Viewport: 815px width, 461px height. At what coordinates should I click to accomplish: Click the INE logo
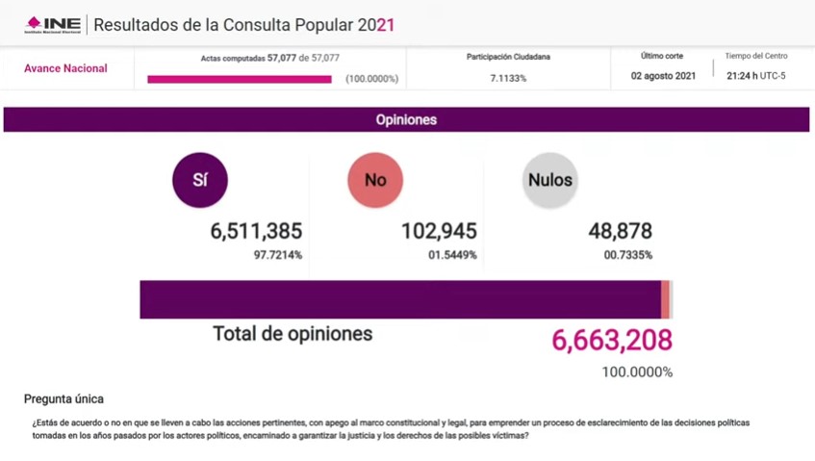(53, 24)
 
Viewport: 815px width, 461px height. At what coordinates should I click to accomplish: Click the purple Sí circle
(199, 180)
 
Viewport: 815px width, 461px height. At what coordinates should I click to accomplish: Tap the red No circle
(375, 180)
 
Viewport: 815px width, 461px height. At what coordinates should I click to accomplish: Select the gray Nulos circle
(549, 180)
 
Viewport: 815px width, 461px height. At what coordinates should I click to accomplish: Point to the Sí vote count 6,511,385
(256, 231)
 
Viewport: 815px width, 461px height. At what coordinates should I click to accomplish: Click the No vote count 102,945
(439, 231)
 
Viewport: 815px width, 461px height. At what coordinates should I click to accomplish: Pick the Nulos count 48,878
(620, 231)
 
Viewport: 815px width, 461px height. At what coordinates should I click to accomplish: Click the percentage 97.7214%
(277, 255)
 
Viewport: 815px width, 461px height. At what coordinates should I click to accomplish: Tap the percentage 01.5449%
(451, 255)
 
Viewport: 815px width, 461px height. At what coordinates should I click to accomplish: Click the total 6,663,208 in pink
(611, 340)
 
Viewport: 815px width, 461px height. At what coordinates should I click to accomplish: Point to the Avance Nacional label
(65, 69)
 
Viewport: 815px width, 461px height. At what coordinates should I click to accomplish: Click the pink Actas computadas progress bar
(240, 79)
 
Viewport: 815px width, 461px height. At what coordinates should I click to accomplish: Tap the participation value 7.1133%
(508, 78)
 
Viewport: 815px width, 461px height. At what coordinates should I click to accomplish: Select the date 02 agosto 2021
(663, 75)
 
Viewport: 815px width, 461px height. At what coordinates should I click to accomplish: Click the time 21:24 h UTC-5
(755, 75)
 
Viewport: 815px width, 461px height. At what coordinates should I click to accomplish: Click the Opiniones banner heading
(406, 120)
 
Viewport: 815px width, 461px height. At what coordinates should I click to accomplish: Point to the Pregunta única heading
(64, 398)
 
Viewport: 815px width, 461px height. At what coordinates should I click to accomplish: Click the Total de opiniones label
(292, 334)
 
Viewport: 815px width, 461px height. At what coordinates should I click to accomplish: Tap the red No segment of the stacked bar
(665, 299)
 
